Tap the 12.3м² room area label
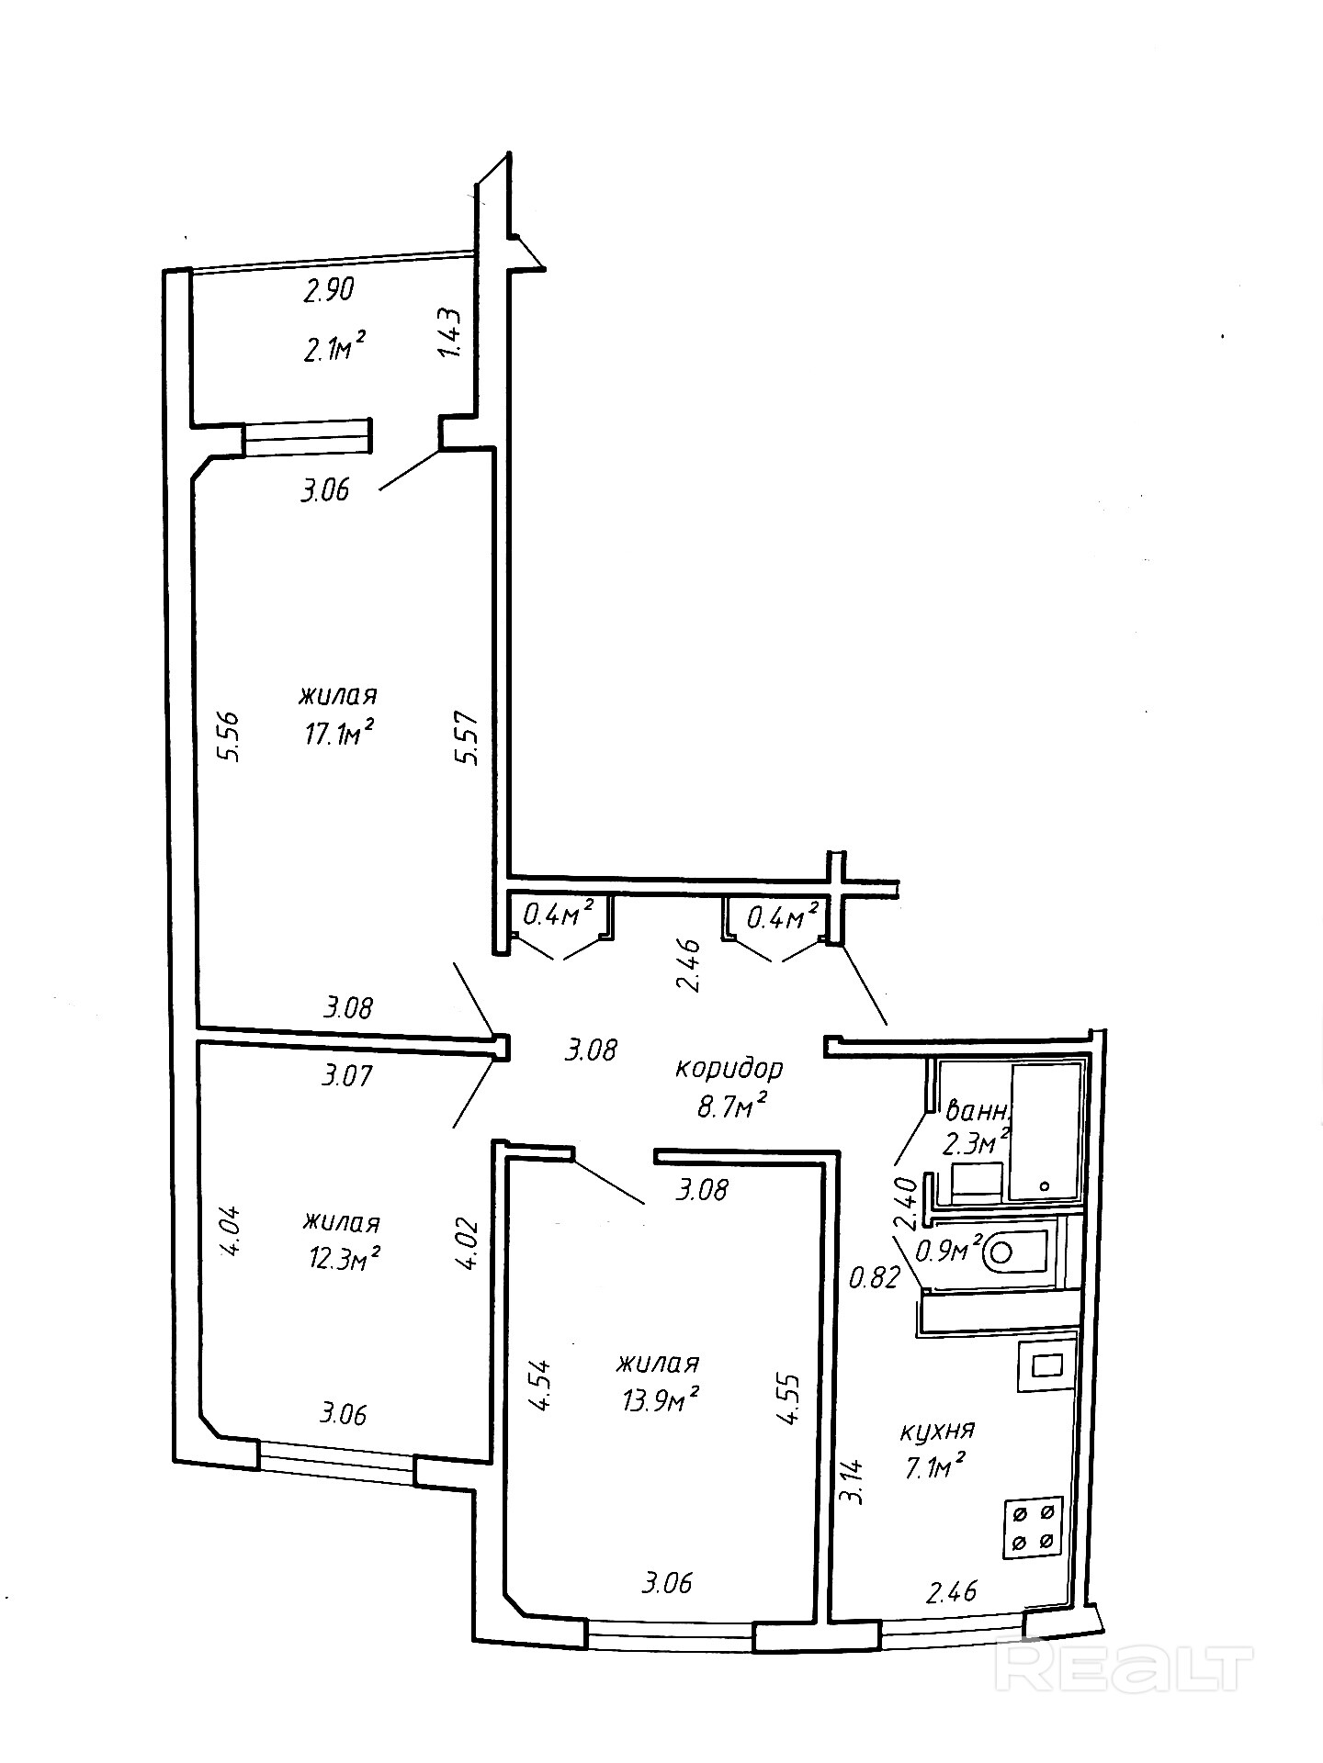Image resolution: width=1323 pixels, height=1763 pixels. pos(345,1258)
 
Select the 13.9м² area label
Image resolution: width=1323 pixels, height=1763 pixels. pos(659,1398)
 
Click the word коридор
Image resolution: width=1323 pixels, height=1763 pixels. pos(729,1069)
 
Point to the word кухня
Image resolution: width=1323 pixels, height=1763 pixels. pos(937,1430)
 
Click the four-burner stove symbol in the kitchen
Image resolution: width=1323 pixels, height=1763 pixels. pos(1033,1526)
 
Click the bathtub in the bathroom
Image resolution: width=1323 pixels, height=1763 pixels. pos(1045,1132)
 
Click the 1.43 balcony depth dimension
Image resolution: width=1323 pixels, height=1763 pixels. pos(450,334)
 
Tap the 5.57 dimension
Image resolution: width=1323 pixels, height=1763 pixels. pos(469,740)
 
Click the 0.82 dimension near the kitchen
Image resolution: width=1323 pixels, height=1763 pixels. pos(873,1277)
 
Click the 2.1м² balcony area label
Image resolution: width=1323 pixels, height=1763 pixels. pos(335,347)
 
